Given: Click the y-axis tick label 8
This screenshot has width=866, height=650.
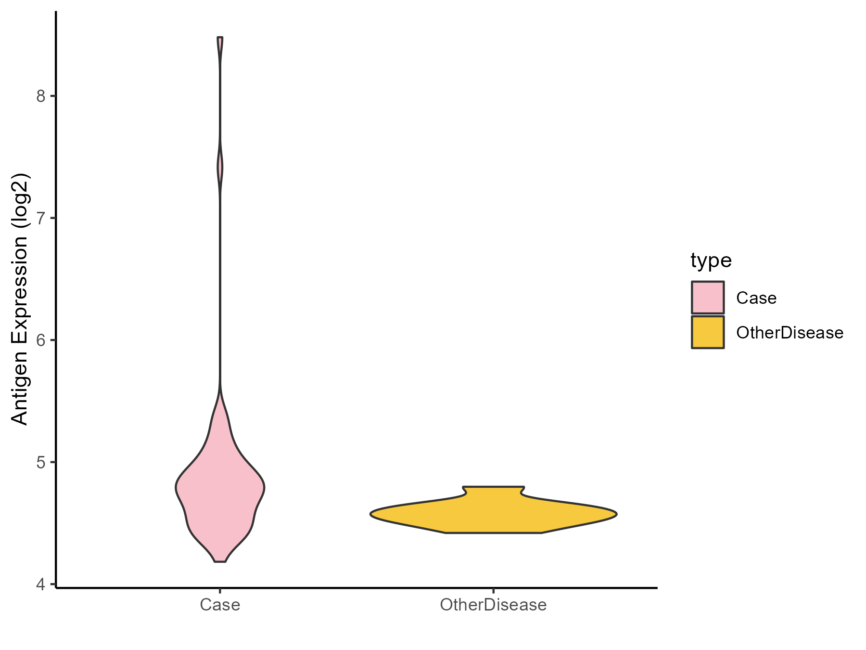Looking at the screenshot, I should tap(40, 96).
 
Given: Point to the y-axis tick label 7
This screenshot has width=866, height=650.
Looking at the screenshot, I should tap(40, 218).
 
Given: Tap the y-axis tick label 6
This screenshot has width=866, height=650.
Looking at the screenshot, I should tap(40, 340).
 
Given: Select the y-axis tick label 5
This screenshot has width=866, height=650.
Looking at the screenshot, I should tap(40, 462).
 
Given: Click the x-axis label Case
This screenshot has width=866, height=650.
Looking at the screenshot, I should tap(220, 605).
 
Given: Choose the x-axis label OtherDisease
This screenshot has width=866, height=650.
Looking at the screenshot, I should tap(493, 605).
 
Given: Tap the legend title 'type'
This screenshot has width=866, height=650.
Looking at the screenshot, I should tap(711, 260).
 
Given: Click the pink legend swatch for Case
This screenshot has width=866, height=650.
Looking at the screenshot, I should tap(708, 298).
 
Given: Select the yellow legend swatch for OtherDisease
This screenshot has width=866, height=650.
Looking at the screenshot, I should tap(708, 332).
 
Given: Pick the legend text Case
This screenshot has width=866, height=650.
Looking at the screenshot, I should tap(756, 298).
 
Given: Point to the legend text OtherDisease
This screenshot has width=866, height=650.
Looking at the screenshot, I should tap(790, 333).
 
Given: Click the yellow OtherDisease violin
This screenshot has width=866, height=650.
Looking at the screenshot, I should tap(493, 514).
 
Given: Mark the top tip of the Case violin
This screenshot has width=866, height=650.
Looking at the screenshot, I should tap(220, 38).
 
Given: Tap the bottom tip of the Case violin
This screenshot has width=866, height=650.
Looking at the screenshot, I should tap(220, 560).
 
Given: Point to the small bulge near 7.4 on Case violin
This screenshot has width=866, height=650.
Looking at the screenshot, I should tap(220, 168).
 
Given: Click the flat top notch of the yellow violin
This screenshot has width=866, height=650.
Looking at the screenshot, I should tap(493, 488).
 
